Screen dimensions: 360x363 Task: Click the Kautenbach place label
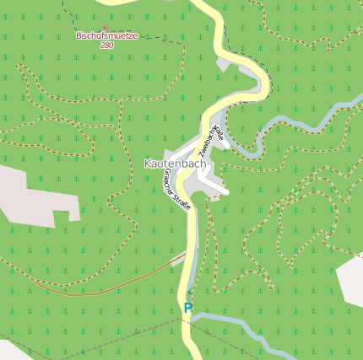coord(175,163)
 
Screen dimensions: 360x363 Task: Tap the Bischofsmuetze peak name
coord(106,36)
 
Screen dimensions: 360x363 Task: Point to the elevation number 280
coord(106,46)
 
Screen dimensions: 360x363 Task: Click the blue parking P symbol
coord(188,309)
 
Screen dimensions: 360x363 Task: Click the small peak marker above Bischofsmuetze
coord(107,27)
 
